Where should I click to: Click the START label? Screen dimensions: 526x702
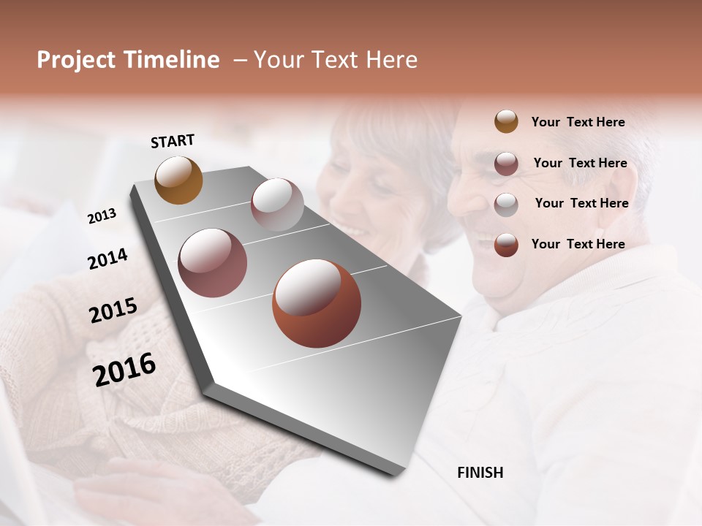click(173, 141)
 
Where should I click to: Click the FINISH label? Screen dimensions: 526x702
click(480, 473)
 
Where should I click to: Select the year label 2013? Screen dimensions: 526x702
click(102, 216)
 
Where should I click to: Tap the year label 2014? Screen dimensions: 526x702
click(107, 259)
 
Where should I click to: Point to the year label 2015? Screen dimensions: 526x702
click(113, 310)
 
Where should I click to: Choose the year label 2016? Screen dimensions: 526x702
click(124, 369)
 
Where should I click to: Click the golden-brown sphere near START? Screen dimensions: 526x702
click(179, 180)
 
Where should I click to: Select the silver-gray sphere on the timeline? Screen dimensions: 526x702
click(277, 205)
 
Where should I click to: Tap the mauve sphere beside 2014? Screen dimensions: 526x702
click(212, 263)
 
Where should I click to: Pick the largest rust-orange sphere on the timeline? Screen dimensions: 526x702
click(317, 303)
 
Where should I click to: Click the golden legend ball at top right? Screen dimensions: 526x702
click(506, 121)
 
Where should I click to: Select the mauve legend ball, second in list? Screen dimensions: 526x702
click(506, 164)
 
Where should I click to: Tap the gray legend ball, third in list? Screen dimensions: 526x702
click(506, 205)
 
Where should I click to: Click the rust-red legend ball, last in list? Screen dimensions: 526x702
click(506, 245)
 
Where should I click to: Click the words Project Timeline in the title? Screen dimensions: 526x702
click(128, 60)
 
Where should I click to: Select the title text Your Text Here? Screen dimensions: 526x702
click(336, 60)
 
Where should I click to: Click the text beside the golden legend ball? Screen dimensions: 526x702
click(578, 122)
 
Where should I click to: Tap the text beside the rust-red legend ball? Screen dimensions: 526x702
click(578, 244)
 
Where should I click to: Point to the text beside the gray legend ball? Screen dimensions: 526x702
click(581, 203)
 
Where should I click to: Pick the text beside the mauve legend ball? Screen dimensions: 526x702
click(580, 163)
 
